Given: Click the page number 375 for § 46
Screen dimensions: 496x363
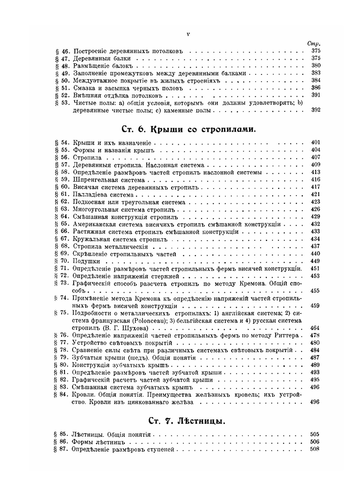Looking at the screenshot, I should [315, 51].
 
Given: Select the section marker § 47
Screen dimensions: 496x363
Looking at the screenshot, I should [62, 59].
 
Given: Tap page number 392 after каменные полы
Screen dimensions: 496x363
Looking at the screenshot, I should [315, 110].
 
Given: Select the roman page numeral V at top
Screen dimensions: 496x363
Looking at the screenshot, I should [188, 35].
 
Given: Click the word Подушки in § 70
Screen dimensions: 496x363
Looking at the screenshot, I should [86, 261].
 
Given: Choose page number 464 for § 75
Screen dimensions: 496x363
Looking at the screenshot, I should [315, 328].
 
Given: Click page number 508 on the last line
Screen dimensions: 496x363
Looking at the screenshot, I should [315, 449].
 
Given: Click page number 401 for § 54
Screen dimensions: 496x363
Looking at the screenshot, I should [315, 143].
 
